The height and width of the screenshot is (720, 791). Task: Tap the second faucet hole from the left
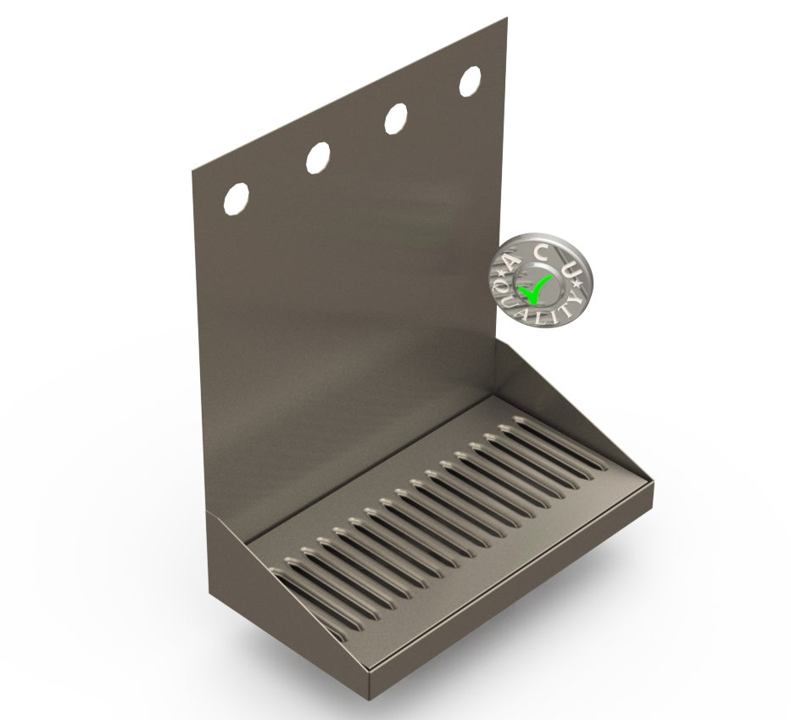(318, 157)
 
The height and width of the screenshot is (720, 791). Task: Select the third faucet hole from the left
(394, 119)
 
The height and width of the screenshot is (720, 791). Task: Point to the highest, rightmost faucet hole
(470, 81)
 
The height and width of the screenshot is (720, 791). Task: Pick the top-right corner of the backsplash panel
(506, 19)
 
